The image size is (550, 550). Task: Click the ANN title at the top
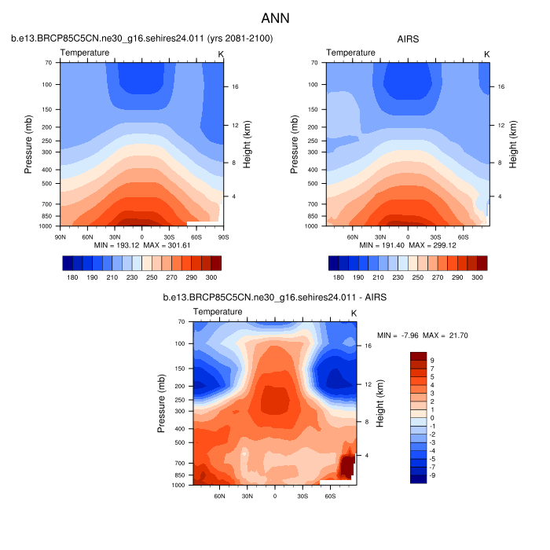click(275, 17)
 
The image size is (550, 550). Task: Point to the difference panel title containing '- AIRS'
click(275, 298)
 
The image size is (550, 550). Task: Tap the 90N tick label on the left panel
click(60, 236)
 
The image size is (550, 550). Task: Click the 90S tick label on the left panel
click(222, 236)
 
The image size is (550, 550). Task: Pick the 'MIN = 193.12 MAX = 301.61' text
click(142, 245)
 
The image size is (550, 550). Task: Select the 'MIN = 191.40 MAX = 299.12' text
click(408, 245)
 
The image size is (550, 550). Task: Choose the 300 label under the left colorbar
click(211, 278)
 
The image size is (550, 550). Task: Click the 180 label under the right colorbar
click(338, 278)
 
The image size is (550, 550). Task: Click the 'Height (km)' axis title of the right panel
click(515, 144)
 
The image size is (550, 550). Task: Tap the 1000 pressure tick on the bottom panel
click(179, 485)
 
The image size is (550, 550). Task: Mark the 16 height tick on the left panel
click(234, 87)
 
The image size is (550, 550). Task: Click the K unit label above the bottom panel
click(354, 313)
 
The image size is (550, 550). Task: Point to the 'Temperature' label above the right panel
click(350, 53)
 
